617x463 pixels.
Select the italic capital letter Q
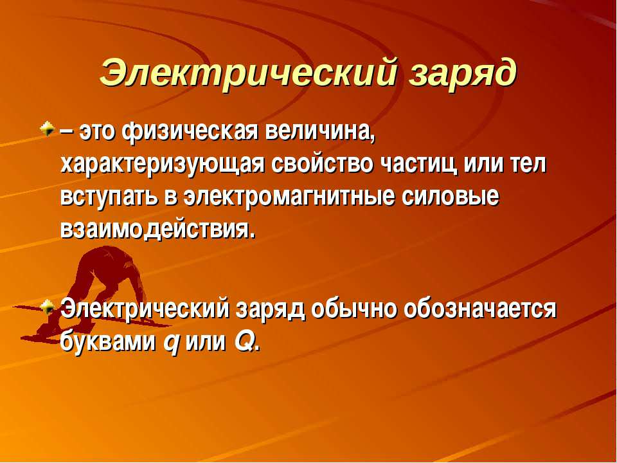[244, 342]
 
